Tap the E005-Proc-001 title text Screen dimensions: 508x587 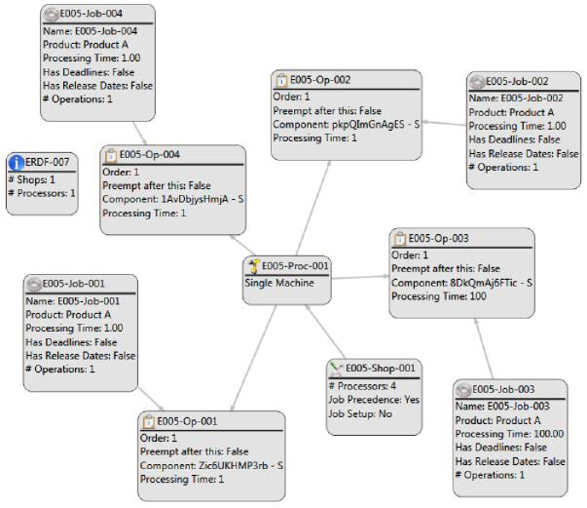click(x=296, y=265)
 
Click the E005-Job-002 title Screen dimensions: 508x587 click(x=521, y=82)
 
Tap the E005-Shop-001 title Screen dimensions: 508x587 click(x=382, y=368)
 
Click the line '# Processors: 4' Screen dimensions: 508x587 click(x=366, y=384)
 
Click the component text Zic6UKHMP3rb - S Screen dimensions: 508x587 click(x=210, y=465)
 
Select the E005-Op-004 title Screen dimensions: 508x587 click(x=151, y=154)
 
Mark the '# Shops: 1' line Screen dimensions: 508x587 click(x=32, y=179)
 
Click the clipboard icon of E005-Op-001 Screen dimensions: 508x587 click(x=149, y=420)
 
